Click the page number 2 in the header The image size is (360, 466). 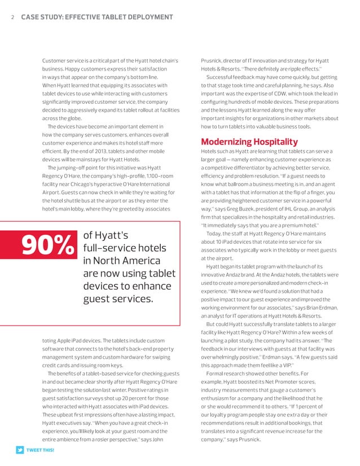point(12,17)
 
